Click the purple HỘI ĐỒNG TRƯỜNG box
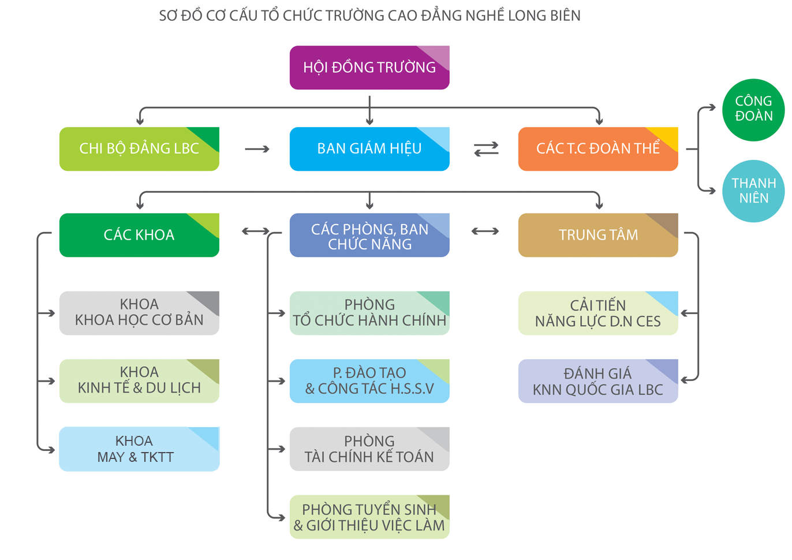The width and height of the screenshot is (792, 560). click(369, 68)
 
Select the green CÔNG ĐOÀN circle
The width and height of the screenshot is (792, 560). click(753, 110)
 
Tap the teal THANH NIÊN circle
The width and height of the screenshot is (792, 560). click(753, 191)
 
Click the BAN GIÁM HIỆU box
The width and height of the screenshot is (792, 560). click(369, 149)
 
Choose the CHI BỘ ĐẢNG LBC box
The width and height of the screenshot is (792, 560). click(139, 149)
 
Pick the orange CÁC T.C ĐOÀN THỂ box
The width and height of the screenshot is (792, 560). click(598, 149)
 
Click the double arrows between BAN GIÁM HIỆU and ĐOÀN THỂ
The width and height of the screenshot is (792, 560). click(486, 150)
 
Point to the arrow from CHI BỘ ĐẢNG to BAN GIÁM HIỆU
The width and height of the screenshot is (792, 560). click(257, 149)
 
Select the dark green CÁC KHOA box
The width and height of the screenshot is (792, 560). click(139, 235)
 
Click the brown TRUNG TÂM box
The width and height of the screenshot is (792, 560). click(598, 235)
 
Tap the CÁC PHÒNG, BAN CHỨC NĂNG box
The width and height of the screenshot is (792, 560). click(369, 236)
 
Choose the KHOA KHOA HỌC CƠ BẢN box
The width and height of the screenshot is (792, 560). click(139, 313)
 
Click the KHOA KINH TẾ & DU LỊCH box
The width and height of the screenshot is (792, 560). click(139, 381)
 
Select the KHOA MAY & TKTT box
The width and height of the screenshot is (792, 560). click(139, 449)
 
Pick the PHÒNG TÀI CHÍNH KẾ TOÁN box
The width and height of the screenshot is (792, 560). click(369, 449)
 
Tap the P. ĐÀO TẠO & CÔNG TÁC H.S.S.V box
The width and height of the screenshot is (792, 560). click(369, 381)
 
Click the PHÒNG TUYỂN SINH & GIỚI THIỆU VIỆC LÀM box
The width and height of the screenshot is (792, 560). click(369, 517)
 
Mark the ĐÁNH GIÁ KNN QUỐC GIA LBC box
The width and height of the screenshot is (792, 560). click(598, 381)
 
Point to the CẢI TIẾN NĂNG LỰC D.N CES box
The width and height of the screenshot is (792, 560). click(598, 313)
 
